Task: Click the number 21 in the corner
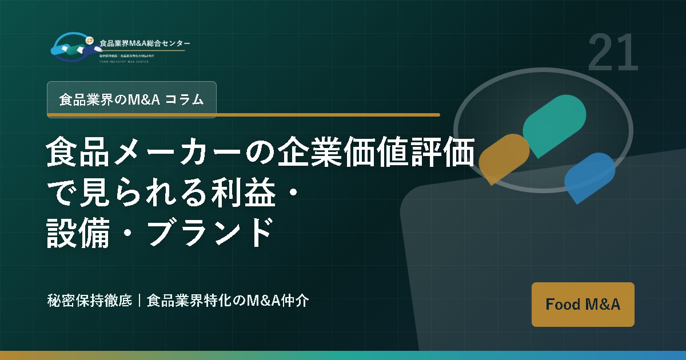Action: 612,53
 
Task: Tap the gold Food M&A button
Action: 583,304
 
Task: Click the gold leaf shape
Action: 503,158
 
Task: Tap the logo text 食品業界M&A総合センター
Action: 145,43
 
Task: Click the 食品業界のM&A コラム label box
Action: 131,99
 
